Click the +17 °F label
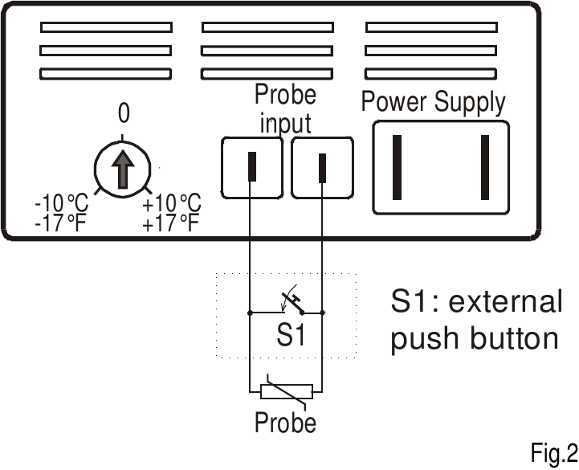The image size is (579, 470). point(169,223)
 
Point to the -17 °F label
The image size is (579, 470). point(60,223)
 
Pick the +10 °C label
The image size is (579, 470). point(171,205)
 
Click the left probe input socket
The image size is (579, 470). point(251,166)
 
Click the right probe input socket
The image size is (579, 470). point(323,167)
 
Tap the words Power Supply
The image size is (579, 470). point(433,103)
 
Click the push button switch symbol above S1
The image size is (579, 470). point(292,304)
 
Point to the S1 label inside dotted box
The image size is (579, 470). point(291,335)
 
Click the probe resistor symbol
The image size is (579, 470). point(286,392)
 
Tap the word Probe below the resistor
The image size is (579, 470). point(285,422)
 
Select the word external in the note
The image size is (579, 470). point(505,302)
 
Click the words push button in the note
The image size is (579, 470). point(474,338)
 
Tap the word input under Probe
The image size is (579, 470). point(285,124)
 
